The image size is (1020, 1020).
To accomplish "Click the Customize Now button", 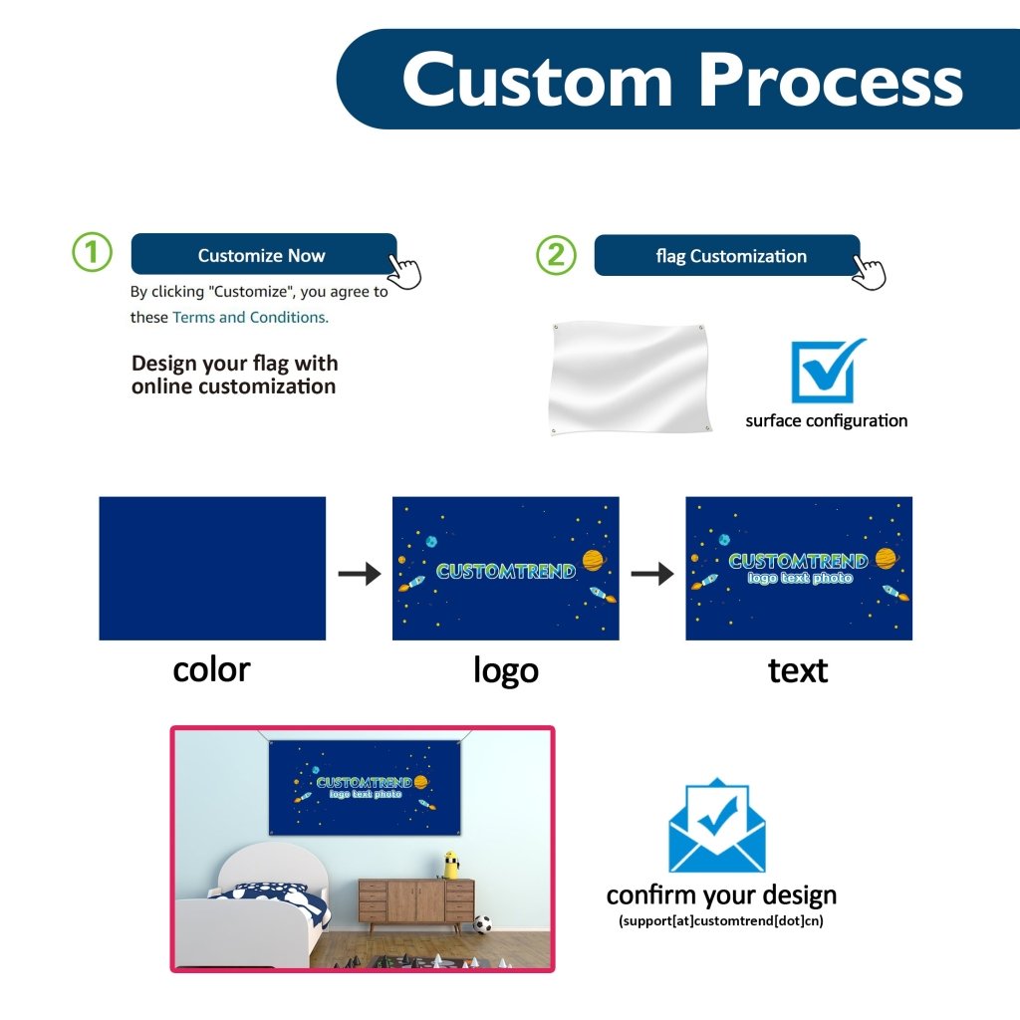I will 263,255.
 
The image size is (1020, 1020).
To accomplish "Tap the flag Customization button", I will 726,256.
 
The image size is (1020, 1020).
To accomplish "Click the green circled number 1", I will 93,253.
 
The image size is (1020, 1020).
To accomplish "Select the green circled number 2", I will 556,255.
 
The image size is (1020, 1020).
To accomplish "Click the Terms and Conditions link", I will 250,317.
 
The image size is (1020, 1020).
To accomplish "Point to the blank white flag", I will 629,379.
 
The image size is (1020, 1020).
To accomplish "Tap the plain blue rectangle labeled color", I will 212,568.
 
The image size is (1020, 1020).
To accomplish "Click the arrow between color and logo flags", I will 359,574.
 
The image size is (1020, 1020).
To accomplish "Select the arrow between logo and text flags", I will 652,574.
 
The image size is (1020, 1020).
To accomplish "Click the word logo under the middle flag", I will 505,670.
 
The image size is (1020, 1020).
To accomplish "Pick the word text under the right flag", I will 798,670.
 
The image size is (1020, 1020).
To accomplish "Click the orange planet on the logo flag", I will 593,561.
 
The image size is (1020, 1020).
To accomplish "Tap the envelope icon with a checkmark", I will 716,826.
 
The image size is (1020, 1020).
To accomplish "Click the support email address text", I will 721,920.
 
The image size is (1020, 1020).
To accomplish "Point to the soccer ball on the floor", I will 482,923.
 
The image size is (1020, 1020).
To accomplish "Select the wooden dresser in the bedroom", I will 415,901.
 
